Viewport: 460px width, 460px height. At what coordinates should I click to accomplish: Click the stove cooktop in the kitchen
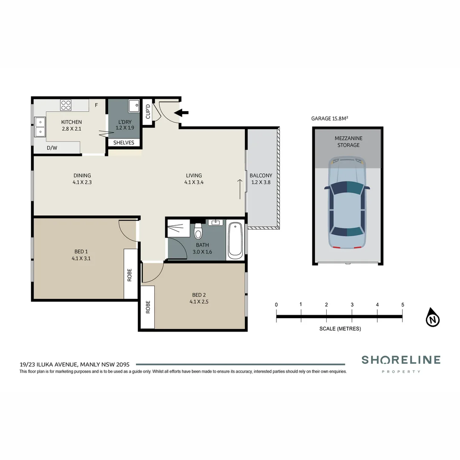(x=66, y=105)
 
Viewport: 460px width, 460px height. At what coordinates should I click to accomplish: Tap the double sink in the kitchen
(x=40, y=127)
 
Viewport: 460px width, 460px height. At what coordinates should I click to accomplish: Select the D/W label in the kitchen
(x=52, y=148)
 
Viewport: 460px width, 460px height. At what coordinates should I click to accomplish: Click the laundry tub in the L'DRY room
(x=134, y=104)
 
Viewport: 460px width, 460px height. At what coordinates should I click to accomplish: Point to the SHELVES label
(x=124, y=143)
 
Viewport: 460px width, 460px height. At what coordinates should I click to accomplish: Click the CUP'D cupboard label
(x=148, y=112)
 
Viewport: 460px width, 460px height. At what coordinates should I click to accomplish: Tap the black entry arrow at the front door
(x=182, y=113)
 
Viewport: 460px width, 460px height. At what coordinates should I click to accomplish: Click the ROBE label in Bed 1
(x=129, y=275)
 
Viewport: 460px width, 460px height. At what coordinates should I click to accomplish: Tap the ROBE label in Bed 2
(x=148, y=307)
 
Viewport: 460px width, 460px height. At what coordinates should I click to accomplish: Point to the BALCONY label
(x=261, y=175)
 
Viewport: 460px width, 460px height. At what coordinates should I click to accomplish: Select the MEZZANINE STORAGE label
(x=347, y=141)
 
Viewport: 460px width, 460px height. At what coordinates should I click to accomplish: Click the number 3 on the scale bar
(x=352, y=305)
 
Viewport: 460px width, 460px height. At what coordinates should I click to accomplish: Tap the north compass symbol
(x=433, y=318)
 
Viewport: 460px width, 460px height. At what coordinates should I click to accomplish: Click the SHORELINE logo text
(x=401, y=360)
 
